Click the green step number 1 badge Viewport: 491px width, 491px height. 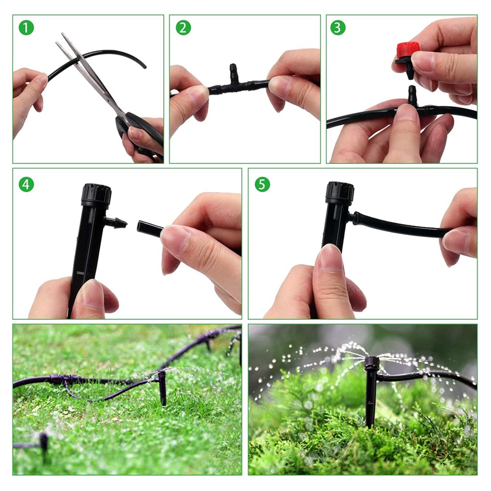coord(26,28)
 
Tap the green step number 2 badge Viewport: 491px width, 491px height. coord(184,28)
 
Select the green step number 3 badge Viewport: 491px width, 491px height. coord(338,28)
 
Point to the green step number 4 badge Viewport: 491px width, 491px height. coord(26,184)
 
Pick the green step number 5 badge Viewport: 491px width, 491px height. coord(262,184)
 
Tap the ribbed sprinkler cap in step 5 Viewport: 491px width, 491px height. coord(339,192)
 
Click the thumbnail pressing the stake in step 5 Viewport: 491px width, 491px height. coord(331,258)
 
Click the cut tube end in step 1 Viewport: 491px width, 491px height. coord(143,64)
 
